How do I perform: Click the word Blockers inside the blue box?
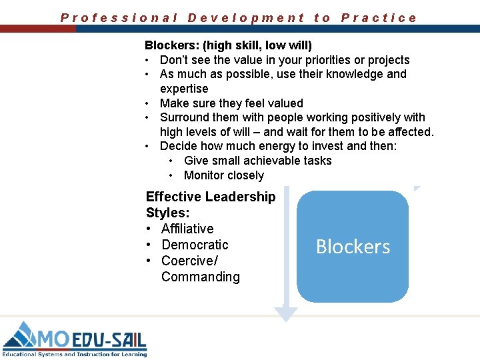pyautogui.click(x=353, y=247)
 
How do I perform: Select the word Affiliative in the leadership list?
pyautogui.click(x=187, y=229)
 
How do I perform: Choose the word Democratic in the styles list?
pyautogui.click(x=195, y=245)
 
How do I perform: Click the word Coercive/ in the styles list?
pyautogui.click(x=189, y=261)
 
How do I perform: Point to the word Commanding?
pyautogui.click(x=200, y=277)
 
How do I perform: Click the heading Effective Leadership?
pyautogui.click(x=210, y=197)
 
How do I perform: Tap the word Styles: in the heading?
pyautogui.click(x=167, y=213)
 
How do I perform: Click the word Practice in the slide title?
pyautogui.click(x=379, y=18)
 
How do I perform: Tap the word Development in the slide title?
pyautogui.click(x=246, y=18)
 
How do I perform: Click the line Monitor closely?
pyautogui.click(x=223, y=175)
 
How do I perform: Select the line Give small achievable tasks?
pyautogui.click(x=257, y=161)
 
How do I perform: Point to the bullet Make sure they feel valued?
pyautogui.click(x=231, y=103)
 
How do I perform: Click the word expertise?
pyautogui.click(x=184, y=89)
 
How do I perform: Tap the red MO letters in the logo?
pyautogui.click(x=54, y=338)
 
